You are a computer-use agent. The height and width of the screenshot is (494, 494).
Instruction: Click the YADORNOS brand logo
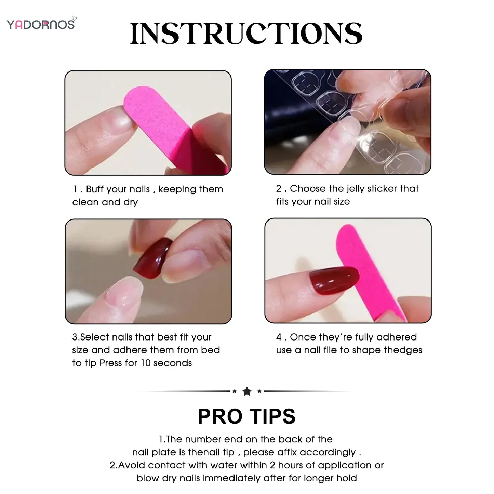pyautogui.click(x=40, y=25)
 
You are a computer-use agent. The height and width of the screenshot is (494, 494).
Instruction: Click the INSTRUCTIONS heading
pyautogui.click(x=246, y=34)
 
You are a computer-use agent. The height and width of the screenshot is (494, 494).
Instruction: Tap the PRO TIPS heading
pyautogui.click(x=246, y=416)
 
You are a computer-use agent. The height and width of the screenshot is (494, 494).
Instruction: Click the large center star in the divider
pyautogui.click(x=247, y=391)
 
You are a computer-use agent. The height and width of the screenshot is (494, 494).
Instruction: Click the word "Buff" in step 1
pyautogui.click(x=94, y=189)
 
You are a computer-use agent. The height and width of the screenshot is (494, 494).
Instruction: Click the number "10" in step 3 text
pyautogui.click(x=146, y=363)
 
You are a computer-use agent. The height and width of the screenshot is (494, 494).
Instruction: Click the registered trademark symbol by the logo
pyautogui.click(x=75, y=18)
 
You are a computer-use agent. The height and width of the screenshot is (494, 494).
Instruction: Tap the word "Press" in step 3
pyautogui.click(x=111, y=363)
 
